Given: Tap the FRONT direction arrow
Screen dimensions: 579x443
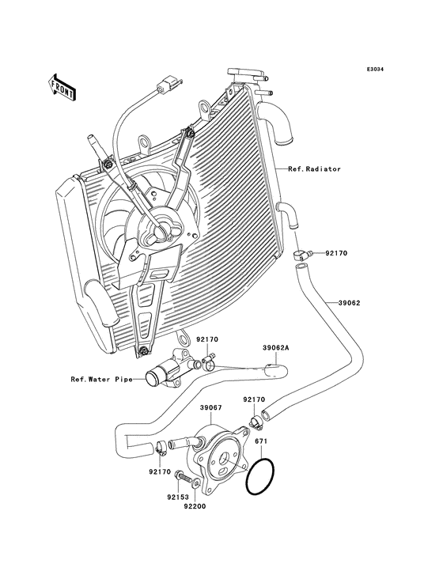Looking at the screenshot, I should (62, 86).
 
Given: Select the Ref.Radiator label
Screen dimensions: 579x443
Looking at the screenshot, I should (314, 169).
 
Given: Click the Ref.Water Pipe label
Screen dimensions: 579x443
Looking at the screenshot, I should (100, 379).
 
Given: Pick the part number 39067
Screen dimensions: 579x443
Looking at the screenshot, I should (210, 408).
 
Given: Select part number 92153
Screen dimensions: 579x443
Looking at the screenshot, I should (176, 498).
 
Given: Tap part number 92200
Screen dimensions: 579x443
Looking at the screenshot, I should (195, 506).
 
